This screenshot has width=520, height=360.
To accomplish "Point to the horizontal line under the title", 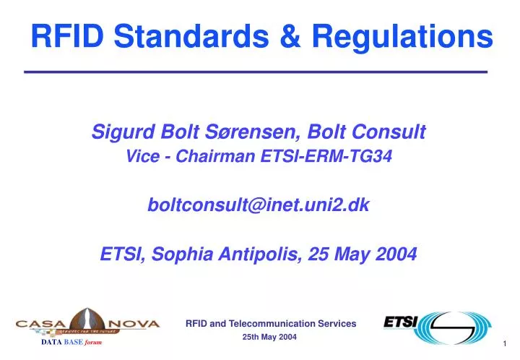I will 256,72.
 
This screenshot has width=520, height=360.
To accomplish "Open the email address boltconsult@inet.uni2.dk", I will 259,205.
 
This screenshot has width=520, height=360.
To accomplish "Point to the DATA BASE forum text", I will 71,342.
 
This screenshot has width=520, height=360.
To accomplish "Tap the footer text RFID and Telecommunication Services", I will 271,324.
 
